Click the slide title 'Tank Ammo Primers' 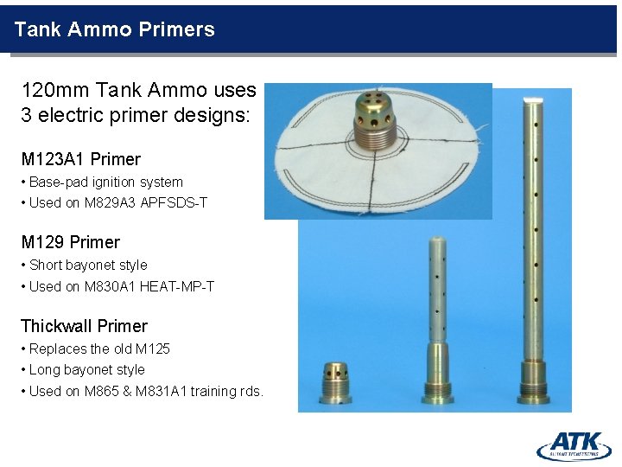click(x=114, y=29)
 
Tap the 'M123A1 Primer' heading click(x=80, y=159)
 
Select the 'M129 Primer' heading click(x=70, y=242)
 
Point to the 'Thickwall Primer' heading click(x=84, y=326)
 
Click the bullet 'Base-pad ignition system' click(x=105, y=182)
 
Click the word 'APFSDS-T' click(x=179, y=203)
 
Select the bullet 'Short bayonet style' click(x=88, y=265)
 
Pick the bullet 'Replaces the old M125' click(x=99, y=349)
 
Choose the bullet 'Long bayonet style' click(x=86, y=370)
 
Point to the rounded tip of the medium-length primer click(x=438, y=245)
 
